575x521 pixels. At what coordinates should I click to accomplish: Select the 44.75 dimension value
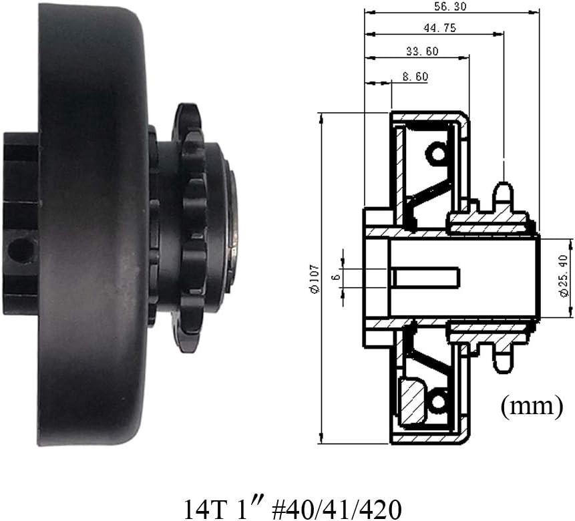pyautogui.click(x=440, y=28)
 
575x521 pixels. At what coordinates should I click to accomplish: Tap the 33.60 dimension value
pyautogui.click(x=422, y=51)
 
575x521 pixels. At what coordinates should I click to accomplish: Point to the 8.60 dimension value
pyautogui.click(x=415, y=76)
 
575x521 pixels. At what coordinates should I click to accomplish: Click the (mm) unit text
pyautogui.click(x=532, y=407)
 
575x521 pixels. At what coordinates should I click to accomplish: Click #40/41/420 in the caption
pyautogui.click(x=337, y=508)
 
